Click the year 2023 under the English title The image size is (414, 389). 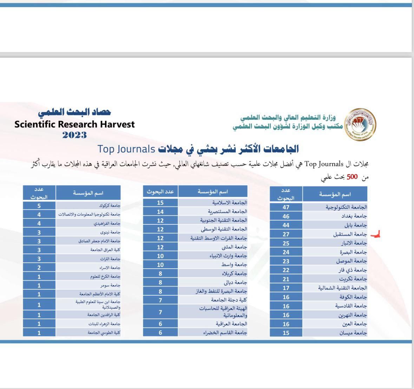click(x=74, y=135)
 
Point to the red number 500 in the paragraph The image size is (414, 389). click(x=352, y=177)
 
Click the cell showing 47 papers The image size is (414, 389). click(x=286, y=207)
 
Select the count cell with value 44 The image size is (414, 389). click(x=286, y=225)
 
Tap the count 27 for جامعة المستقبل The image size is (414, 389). click(x=286, y=234)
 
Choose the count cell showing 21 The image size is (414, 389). click(x=286, y=279)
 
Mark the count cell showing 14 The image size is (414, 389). click(x=160, y=212)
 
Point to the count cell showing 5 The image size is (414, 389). click(x=39, y=206)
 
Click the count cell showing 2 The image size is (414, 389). click(x=39, y=268)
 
